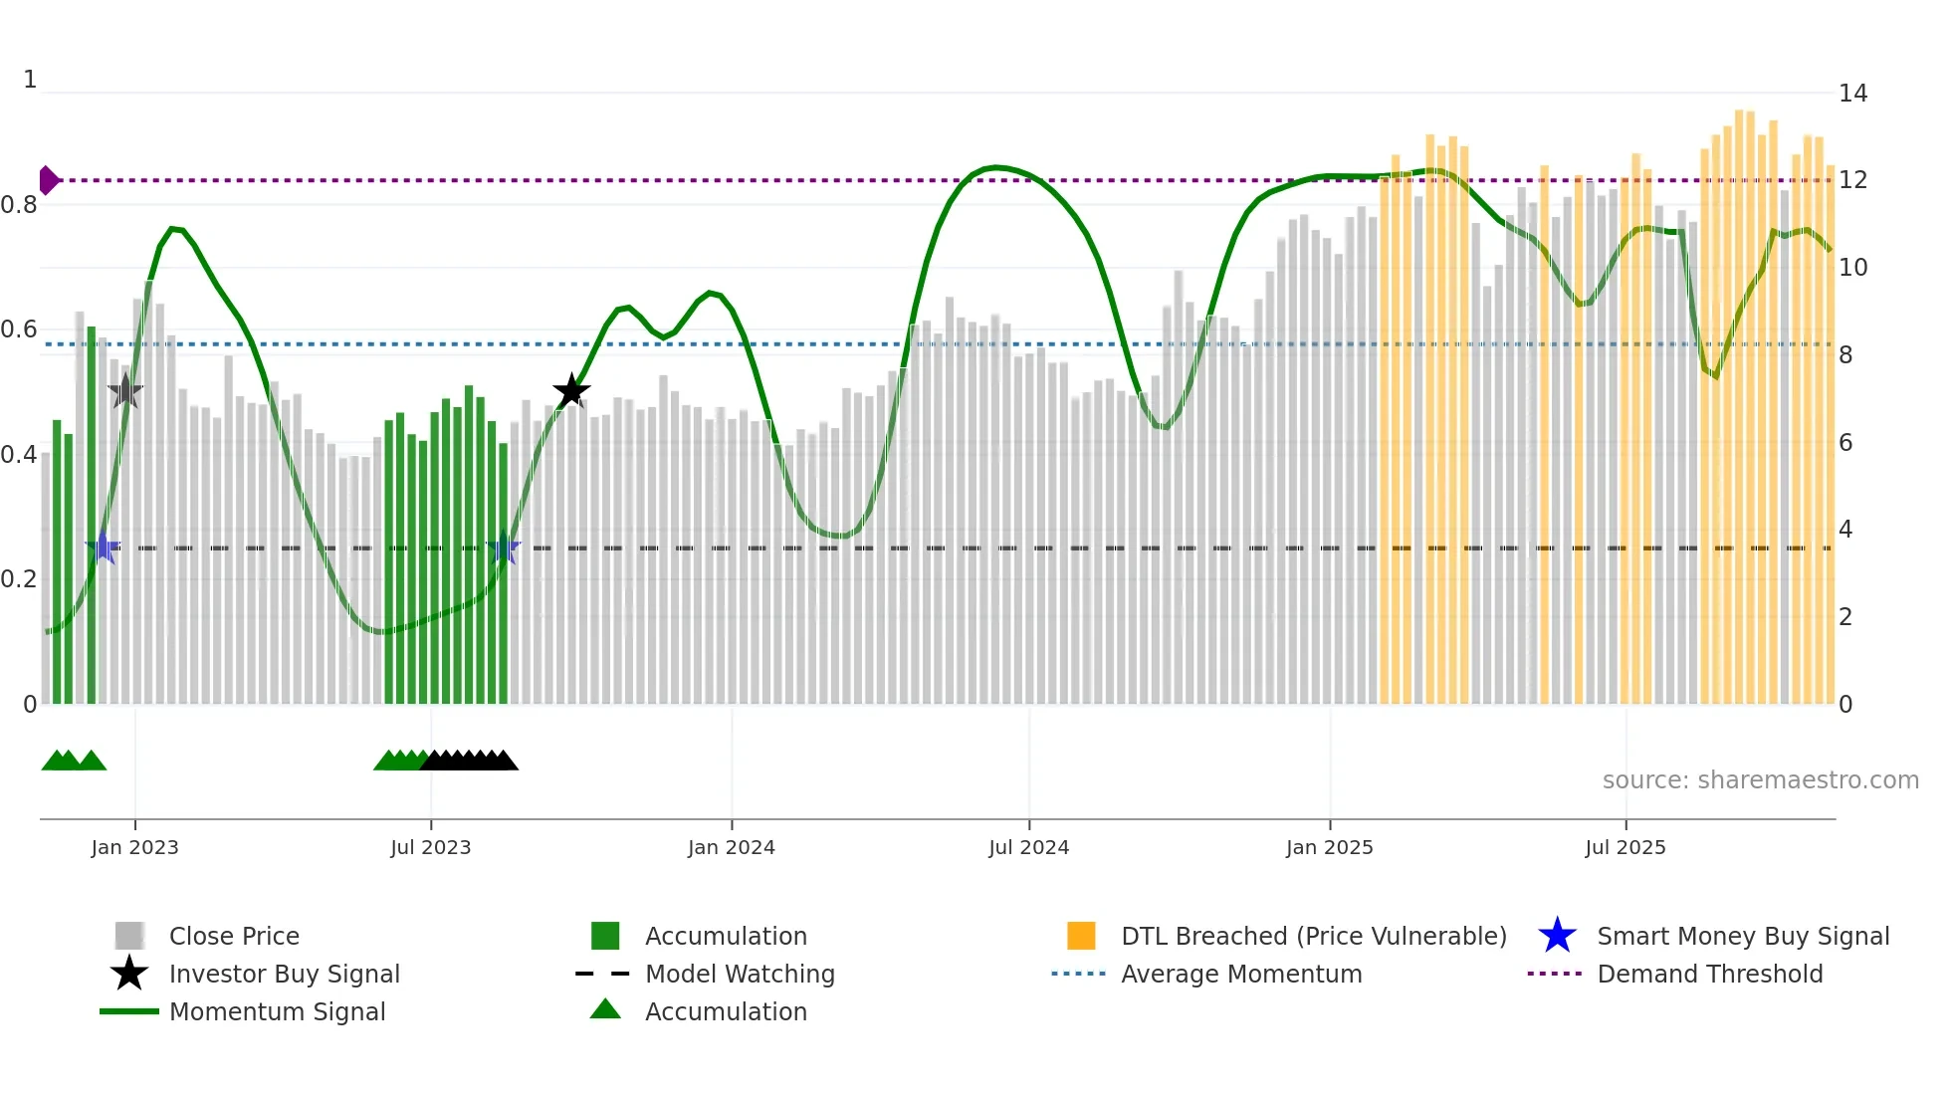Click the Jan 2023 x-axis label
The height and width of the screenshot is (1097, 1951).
[134, 847]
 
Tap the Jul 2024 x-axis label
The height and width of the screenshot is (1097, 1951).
[1028, 847]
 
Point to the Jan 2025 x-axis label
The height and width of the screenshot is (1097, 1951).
[1329, 847]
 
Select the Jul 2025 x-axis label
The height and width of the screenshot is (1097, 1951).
[1625, 847]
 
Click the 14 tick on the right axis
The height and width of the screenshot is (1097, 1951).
[1852, 94]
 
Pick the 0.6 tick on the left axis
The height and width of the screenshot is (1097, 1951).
[19, 329]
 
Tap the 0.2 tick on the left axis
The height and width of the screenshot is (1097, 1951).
[19, 579]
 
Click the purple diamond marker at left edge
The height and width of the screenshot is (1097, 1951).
[48, 180]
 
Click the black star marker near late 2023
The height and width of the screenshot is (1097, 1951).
[571, 391]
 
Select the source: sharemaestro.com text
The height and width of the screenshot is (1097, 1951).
[1760, 780]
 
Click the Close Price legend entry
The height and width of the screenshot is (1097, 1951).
[234, 936]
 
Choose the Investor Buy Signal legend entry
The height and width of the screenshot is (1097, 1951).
[284, 974]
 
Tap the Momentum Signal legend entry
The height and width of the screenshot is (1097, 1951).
[277, 1011]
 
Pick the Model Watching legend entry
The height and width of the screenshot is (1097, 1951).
[740, 974]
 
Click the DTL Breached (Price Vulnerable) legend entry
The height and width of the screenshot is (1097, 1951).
[1313, 936]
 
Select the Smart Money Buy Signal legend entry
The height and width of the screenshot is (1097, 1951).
[1743, 936]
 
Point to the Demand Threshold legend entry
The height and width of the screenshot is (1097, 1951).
[1709, 974]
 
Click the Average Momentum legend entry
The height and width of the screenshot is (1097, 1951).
[1241, 974]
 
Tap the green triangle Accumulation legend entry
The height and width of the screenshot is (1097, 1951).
[726, 1011]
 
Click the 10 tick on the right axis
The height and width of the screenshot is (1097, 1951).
[1852, 268]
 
